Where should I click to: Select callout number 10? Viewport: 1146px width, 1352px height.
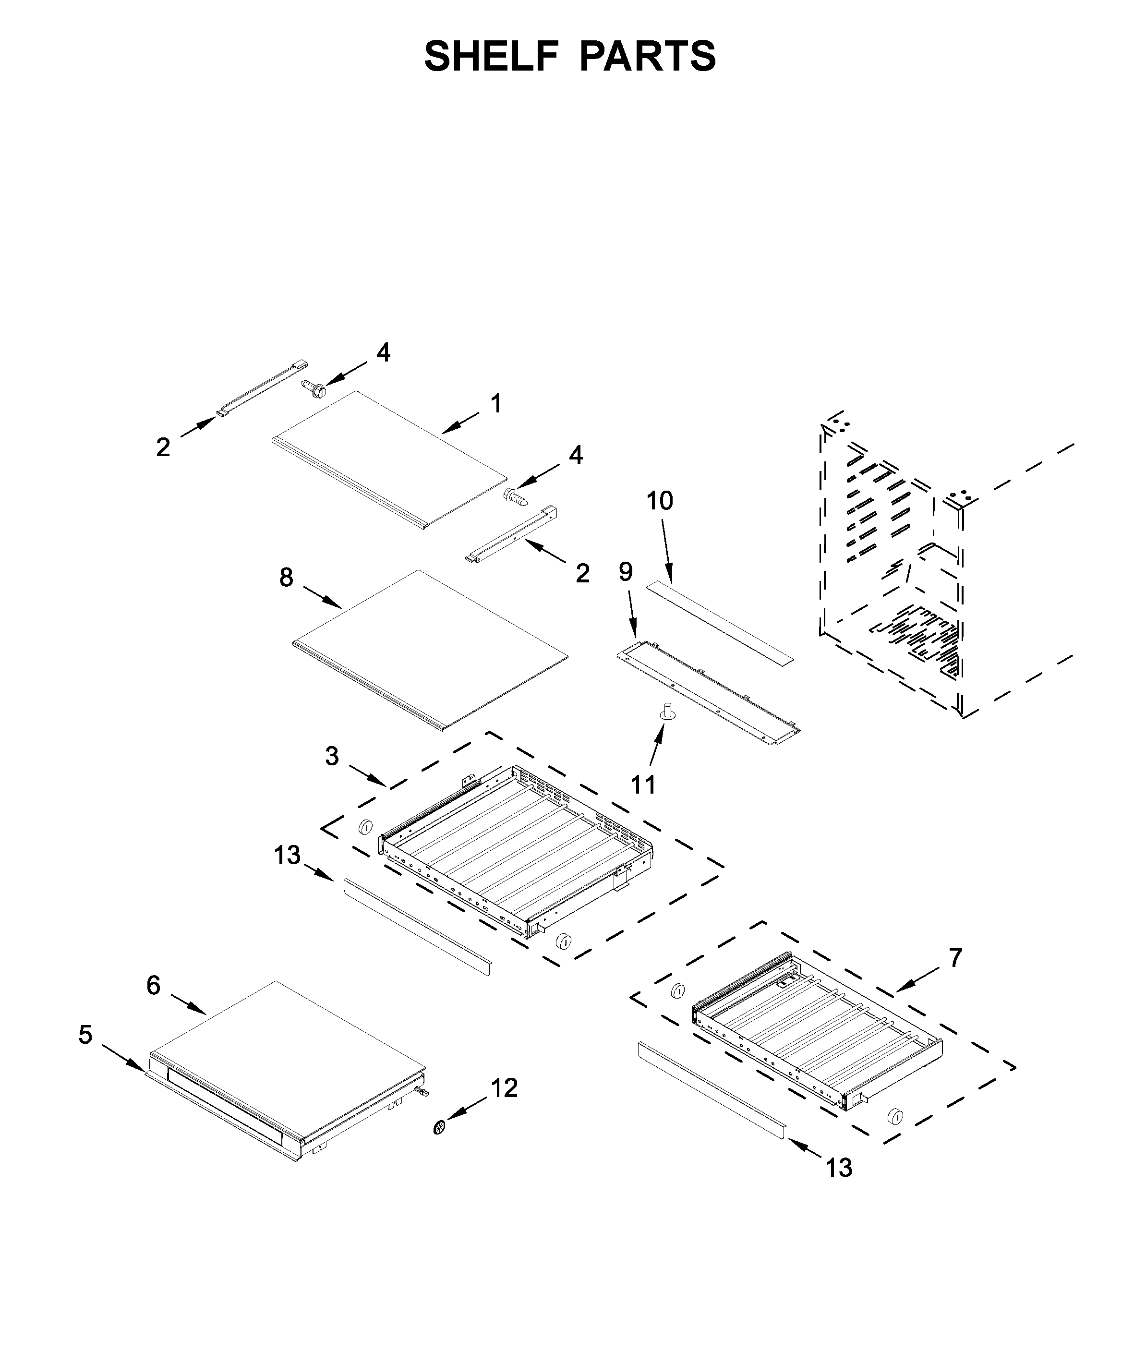tap(659, 501)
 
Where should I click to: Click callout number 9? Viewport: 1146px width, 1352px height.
tap(625, 572)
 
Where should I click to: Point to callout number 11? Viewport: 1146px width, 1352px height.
tap(643, 785)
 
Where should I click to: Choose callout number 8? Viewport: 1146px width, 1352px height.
tap(287, 577)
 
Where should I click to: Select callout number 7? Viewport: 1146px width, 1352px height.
tap(955, 958)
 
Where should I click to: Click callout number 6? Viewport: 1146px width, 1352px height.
tap(153, 986)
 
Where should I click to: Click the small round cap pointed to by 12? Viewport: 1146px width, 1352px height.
tap(440, 1128)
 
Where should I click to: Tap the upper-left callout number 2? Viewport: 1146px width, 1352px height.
tap(163, 447)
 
